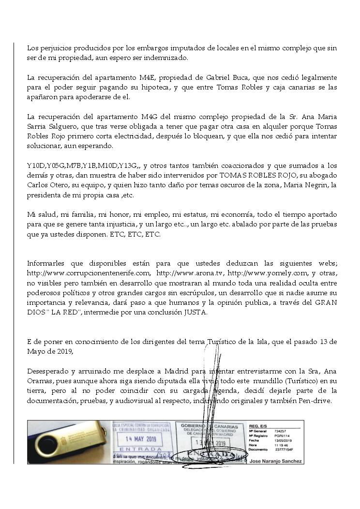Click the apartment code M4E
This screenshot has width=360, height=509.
[x=145, y=77]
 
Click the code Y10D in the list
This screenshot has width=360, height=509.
[x=35, y=165]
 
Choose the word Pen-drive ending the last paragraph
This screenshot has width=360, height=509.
[x=315, y=401]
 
